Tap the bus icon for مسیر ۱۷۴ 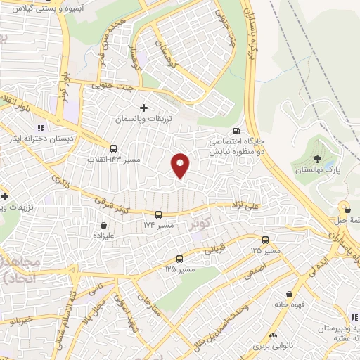pyautogui.click(x=158, y=214)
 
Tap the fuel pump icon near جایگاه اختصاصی pyautogui.click(x=235, y=131)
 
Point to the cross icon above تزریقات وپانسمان pyautogui.click(x=144, y=108)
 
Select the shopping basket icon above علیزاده pyautogui.click(x=105, y=226)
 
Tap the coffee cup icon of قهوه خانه pyautogui.click(x=289, y=294)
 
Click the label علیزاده pyautogui.click(x=104, y=238)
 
